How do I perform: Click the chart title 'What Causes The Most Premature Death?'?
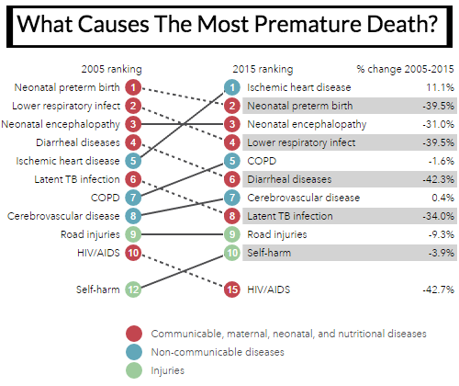pos(228,24)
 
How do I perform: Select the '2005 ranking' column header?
pos(111,69)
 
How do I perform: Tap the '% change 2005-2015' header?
pos(405,69)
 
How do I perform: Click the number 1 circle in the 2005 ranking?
pos(133,87)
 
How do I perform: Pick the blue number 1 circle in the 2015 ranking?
pos(232,87)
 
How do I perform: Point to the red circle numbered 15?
pos(232,289)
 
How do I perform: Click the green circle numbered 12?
pos(133,289)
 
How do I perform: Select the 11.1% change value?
pos(440,87)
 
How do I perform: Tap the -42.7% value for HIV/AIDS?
pos(438,289)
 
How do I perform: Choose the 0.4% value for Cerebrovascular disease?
pos(442,198)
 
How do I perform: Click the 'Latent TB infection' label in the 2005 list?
pos(77,179)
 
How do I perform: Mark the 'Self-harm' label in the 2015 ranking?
pos(269,253)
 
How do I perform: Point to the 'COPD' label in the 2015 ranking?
pos(262,161)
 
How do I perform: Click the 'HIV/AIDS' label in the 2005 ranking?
pos(98,253)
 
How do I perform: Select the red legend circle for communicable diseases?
pos(134,334)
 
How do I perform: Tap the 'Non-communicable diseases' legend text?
pos(218,352)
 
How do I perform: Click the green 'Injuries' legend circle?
pos(134,370)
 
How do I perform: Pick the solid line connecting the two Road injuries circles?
pos(183,234)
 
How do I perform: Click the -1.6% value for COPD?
pos(441,161)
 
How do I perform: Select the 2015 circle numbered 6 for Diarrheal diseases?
pos(232,179)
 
